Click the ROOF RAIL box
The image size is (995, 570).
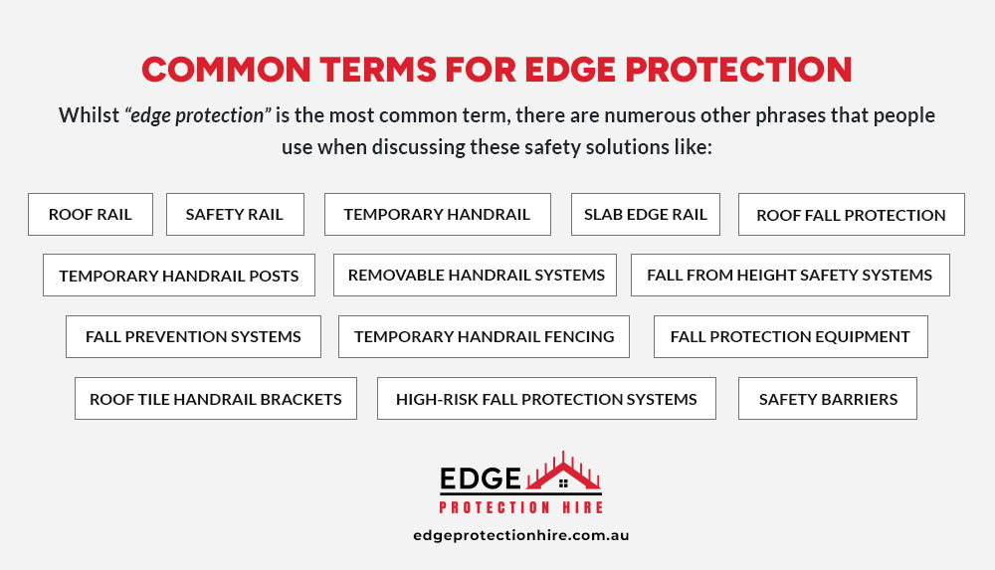point(91,214)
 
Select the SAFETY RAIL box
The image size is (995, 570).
point(234,214)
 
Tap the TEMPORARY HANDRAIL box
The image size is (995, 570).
point(437,214)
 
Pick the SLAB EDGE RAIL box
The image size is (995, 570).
point(645,214)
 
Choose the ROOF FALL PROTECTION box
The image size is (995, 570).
point(851,214)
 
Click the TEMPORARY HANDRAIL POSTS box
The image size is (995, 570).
point(179,275)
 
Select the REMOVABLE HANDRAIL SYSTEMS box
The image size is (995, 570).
point(476,275)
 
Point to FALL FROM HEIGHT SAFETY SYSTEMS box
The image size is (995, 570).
point(790,275)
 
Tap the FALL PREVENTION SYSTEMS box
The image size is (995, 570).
point(193,336)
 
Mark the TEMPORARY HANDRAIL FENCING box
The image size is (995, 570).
point(484,336)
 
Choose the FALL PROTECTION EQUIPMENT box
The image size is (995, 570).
point(790,336)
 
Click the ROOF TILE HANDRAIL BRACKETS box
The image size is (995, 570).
point(216,399)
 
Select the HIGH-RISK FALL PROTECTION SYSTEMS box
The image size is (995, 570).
point(546,399)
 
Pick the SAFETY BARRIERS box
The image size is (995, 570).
point(828,399)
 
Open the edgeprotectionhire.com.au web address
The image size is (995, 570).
point(520,535)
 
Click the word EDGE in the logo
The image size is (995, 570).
point(480,479)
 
